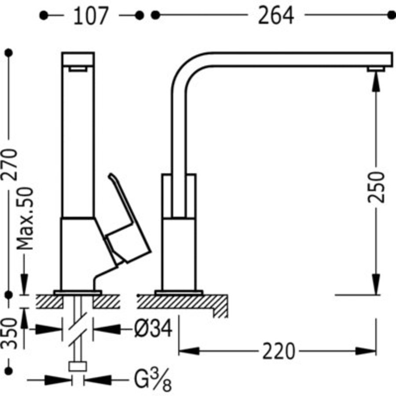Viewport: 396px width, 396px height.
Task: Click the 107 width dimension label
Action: tap(90, 16)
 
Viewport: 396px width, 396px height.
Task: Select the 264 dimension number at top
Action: tap(275, 16)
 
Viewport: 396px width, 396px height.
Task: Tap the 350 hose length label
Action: tap(9, 333)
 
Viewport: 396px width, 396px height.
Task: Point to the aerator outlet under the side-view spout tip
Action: tap(376, 69)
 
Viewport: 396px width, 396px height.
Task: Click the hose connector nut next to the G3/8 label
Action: tap(78, 367)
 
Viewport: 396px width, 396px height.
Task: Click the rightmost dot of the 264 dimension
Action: tap(391, 15)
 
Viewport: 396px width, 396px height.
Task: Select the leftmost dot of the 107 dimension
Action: tap(43, 15)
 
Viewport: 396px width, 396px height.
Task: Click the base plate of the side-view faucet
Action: tap(178, 292)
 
